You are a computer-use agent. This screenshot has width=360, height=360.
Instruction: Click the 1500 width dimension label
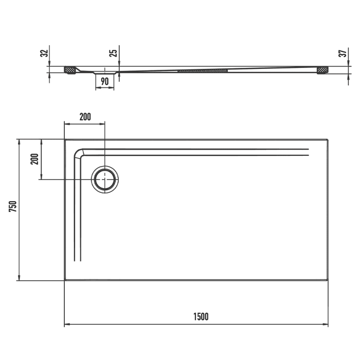[201, 317]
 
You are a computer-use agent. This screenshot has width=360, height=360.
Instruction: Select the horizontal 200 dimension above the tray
[85, 117]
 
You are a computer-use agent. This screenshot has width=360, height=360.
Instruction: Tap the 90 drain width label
[104, 81]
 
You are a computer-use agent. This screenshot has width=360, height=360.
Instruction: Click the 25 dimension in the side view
[115, 52]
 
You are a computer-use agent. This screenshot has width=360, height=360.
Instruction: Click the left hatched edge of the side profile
[70, 69]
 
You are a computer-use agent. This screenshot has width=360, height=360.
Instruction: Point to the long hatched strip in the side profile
[203, 70]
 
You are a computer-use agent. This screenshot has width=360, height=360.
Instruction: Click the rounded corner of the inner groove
[80, 153]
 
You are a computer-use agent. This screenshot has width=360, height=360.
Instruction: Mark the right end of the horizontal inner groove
[309, 152]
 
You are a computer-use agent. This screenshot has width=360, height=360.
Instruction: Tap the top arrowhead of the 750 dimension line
[19, 141]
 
